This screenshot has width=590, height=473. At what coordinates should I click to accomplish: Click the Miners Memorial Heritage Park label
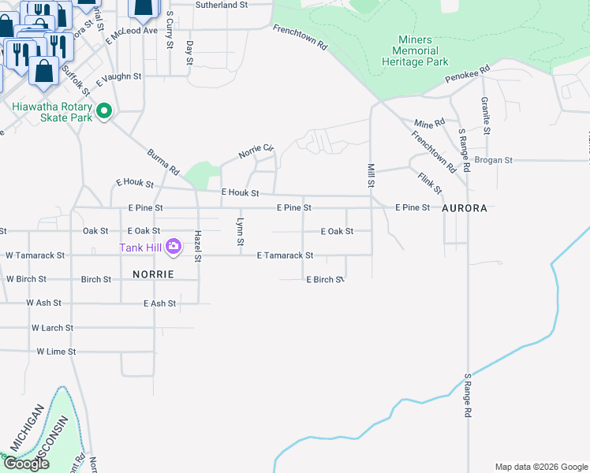[415, 50]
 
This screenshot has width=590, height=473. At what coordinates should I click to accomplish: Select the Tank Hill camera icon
[174, 247]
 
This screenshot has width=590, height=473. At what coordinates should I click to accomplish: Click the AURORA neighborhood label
[465, 209]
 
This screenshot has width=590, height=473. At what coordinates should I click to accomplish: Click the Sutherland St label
[222, 5]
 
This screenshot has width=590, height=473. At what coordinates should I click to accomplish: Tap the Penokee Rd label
[468, 73]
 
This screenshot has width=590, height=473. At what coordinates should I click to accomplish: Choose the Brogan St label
[494, 160]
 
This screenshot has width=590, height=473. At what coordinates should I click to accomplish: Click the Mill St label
[371, 175]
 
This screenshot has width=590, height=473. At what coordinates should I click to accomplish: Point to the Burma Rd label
[164, 159]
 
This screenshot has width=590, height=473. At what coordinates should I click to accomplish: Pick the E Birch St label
[326, 280]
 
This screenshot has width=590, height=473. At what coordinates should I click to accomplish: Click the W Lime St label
[56, 352]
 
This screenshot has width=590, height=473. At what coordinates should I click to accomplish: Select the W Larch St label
[52, 327]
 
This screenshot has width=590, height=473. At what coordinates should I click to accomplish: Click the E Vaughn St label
[118, 77]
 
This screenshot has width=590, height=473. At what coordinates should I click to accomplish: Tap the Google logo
[26, 464]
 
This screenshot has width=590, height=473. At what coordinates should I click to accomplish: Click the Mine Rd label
[430, 123]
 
